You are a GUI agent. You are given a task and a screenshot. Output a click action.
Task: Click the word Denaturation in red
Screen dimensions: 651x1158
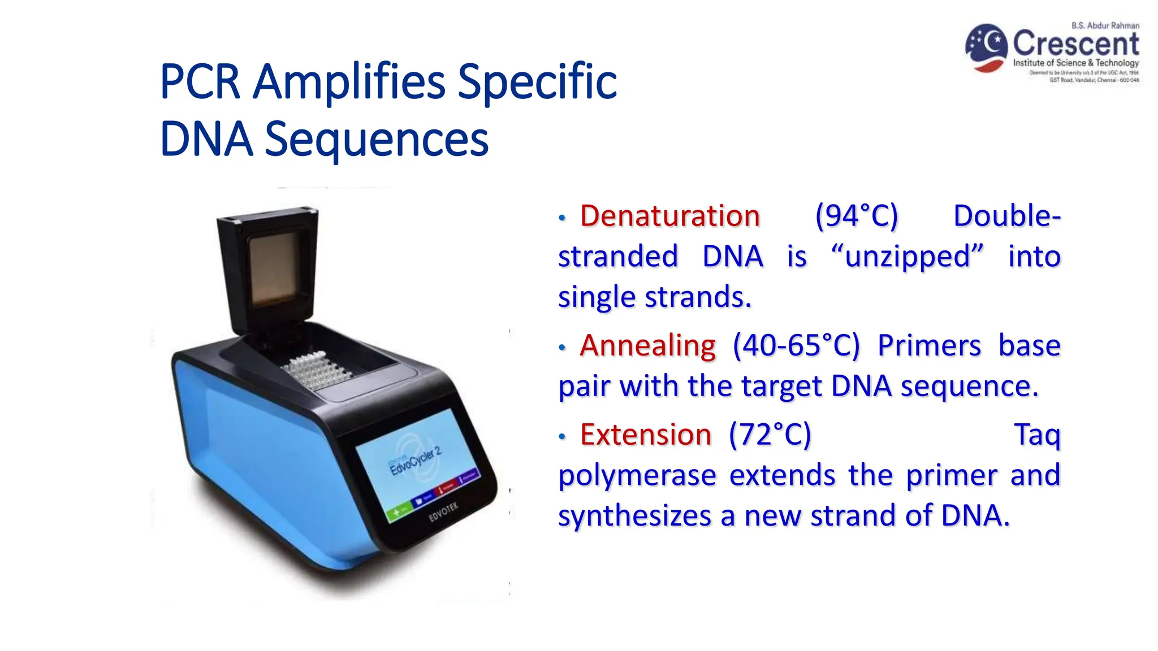669,216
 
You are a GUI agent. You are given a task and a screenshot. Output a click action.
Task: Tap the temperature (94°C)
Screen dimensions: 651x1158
856,216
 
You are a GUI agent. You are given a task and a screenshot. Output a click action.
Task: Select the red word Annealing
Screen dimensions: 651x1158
647,345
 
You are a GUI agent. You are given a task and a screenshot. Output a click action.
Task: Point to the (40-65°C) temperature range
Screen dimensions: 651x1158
796,345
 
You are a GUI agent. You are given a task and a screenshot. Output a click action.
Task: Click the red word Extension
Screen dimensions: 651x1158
645,435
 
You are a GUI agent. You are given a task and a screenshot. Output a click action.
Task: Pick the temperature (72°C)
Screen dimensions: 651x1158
770,435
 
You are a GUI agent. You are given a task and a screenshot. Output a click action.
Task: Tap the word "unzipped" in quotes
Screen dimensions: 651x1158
908,257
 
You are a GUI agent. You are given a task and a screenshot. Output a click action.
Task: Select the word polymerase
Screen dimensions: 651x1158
637,475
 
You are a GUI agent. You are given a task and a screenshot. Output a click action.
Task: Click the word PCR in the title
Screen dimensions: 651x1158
200,82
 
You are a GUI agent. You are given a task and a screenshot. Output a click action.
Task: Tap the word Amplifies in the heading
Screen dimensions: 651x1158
349,82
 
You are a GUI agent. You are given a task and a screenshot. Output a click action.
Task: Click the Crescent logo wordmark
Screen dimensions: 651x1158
1075,43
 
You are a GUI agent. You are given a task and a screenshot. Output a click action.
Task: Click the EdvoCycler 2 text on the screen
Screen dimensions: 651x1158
415,461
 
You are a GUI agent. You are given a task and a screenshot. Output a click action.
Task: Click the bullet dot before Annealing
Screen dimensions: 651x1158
561,348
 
